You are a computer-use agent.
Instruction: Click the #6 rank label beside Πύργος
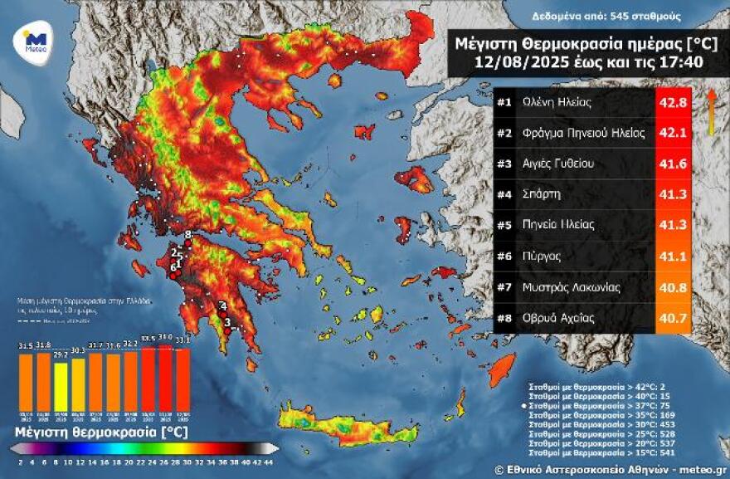point(504,257)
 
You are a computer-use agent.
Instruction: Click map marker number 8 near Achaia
point(188,235)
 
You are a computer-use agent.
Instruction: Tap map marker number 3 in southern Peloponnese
point(227,322)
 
